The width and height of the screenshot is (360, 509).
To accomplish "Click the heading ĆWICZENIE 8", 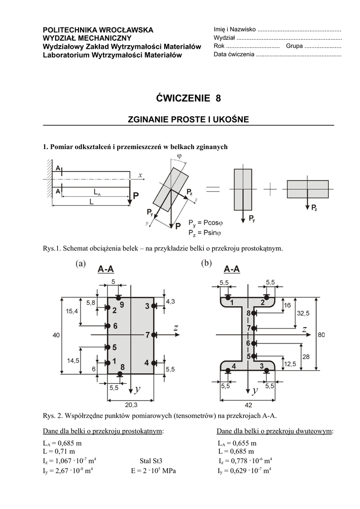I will tap(188, 98).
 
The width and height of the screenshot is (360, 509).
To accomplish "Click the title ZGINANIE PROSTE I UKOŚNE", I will tap(188, 119).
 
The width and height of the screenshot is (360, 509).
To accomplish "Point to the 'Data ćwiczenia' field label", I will tap(234, 54).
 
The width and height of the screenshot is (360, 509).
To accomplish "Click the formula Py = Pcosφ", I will tap(205, 222).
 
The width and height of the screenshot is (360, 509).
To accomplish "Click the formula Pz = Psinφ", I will tap(205, 232).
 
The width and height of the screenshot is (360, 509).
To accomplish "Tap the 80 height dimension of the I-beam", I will tap(321, 335).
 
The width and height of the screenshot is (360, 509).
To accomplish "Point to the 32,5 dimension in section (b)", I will tap(303, 313).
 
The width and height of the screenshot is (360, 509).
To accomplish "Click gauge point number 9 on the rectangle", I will tap(122, 303).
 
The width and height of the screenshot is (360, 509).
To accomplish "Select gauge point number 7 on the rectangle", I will tap(148, 335).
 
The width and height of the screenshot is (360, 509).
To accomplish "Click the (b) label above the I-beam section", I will tap(206, 263).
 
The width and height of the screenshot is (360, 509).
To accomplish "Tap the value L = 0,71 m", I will tap(59, 451).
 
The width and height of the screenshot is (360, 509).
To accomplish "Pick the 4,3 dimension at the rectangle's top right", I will tap(170, 301).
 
